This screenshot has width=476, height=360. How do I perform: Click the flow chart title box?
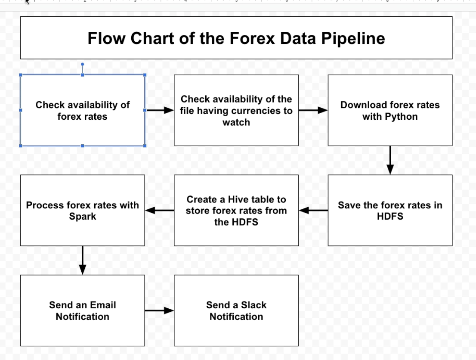236,37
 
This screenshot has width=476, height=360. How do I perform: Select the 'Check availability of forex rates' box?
83,110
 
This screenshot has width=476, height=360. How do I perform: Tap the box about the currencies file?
236,110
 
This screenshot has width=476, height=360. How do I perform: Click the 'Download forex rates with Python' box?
390,110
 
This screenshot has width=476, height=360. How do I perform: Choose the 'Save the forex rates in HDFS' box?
390,210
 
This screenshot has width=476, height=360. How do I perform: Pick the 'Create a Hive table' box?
236,210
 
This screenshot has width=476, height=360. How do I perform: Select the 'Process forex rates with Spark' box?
83,210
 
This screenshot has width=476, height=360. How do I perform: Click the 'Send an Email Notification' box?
83,310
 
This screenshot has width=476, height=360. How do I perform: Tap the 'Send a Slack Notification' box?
236,310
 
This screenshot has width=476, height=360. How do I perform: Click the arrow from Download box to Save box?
390,160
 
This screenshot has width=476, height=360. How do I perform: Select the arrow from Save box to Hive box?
313,210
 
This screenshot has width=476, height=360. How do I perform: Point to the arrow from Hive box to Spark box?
160,210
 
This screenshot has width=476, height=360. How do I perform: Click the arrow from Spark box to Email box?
83,261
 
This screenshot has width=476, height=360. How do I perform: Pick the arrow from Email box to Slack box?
159,310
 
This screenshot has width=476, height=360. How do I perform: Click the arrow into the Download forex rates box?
313,110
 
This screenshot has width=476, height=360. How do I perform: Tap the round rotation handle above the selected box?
82,65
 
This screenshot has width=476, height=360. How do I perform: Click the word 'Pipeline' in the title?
353,39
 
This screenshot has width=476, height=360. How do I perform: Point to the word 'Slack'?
254,305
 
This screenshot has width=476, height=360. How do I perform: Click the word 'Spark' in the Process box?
83,217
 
